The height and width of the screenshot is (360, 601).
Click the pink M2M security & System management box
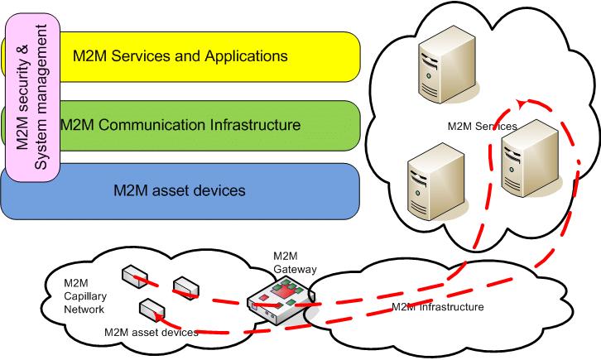(33, 98)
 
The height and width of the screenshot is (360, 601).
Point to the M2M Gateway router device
(281, 301)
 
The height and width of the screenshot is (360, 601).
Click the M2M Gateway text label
(295, 262)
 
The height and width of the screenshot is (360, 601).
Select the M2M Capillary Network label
(85, 296)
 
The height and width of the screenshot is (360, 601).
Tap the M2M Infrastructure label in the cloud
(437, 307)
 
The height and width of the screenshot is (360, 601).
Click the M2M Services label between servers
(482, 126)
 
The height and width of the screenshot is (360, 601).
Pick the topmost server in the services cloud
(447, 65)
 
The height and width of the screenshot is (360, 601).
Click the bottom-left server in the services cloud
(436, 181)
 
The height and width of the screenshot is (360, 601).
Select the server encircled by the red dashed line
(530, 159)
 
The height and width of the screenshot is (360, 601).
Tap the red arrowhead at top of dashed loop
(521, 103)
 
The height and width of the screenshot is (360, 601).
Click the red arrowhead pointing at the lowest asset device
(157, 316)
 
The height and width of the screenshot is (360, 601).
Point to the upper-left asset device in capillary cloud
(135, 275)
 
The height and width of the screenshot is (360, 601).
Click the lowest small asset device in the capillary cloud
(152, 309)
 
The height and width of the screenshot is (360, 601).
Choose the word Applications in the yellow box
(246, 56)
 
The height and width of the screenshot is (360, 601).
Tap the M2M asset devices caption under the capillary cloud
(151, 332)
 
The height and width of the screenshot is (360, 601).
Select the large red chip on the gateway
(283, 292)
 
